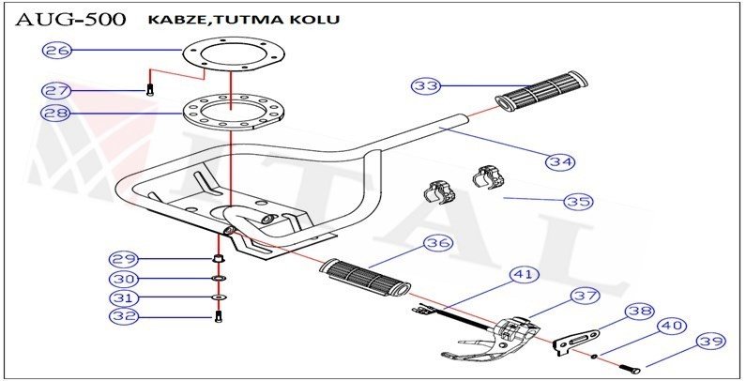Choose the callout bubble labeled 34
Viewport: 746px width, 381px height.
tap(560, 161)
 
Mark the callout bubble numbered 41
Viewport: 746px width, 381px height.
tap(524, 275)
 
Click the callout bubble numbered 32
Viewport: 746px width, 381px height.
tap(125, 317)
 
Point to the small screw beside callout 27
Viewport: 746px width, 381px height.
tap(148, 90)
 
